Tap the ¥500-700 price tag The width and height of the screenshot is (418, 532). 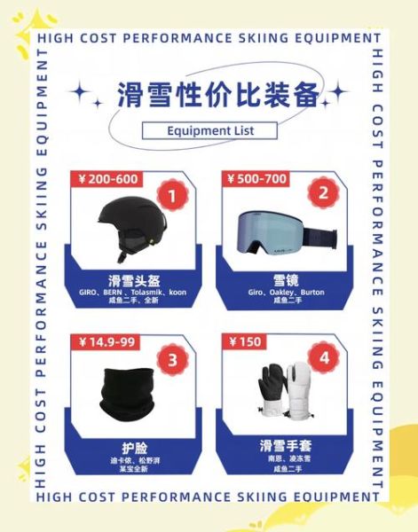tap(257, 179)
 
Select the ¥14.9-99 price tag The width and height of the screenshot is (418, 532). tap(105, 342)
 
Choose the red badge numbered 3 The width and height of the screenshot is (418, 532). tap(172, 358)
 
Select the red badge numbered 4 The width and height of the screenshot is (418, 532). tap(324, 358)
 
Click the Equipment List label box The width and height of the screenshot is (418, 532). tap(209, 131)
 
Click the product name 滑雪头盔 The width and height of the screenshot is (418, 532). tap(133, 278)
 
